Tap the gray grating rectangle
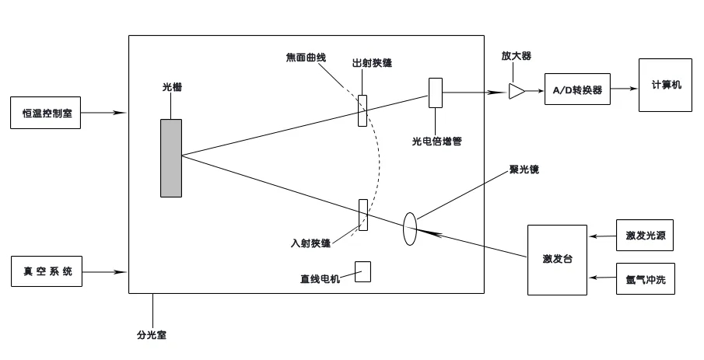coord(171,158)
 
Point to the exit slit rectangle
coord(363,110)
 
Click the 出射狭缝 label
coord(372,63)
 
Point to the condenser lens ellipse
coord(410,229)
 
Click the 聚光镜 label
coord(523,168)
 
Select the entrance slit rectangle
coord(363,215)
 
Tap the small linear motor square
coord(363,271)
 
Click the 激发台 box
coord(557,260)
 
